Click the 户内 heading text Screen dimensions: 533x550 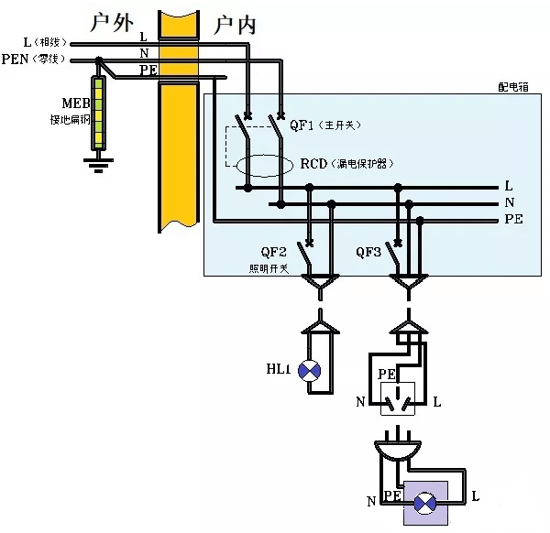[x=234, y=25]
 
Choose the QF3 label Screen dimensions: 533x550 [x=370, y=253]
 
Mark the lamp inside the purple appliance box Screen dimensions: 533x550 [x=425, y=504]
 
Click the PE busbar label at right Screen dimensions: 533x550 [x=513, y=220]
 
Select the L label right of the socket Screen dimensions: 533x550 [x=436, y=402]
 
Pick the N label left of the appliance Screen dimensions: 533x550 [x=371, y=501]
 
